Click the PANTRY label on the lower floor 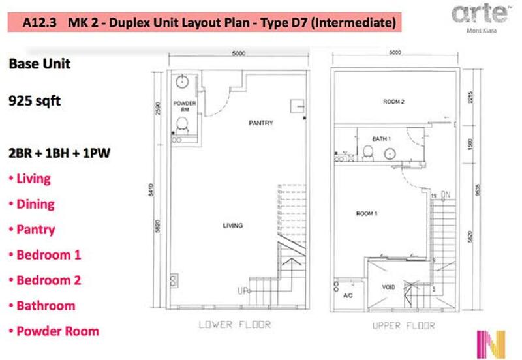pyautogui.click(x=260, y=123)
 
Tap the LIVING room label pyautogui.click(x=233, y=226)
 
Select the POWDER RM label pyautogui.click(x=185, y=106)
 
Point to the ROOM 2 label pyautogui.click(x=393, y=102)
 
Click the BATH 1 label pyautogui.click(x=382, y=138)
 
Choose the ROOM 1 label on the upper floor pyautogui.click(x=367, y=213)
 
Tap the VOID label pyautogui.click(x=388, y=287)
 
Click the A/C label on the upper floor pyautogui.click(x=348, y=295)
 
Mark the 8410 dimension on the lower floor pyautogui.click(x=151, y=190)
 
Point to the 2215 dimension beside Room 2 pyautogui.click(x=470, y=97)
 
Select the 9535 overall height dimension pyautogui.click(x=478, y=189)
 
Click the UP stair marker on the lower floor pyautogui.click(x=243, y=291)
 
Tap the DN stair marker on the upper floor pyautogui.click(x=446, y=195)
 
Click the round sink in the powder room pyautogui.click(x=182, y=82)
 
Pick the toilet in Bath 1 pyautogui.click(x=368, y=153)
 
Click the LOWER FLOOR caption pyautogui.click(x=235, y=324)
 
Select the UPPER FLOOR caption pyautogui.click(x=403, y=325)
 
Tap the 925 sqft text pyautogui.click(x=35, y=101)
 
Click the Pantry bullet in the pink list pyautogui.click(x=32, y=230)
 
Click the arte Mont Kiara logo pyautogui.click(x=480, y=18)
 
